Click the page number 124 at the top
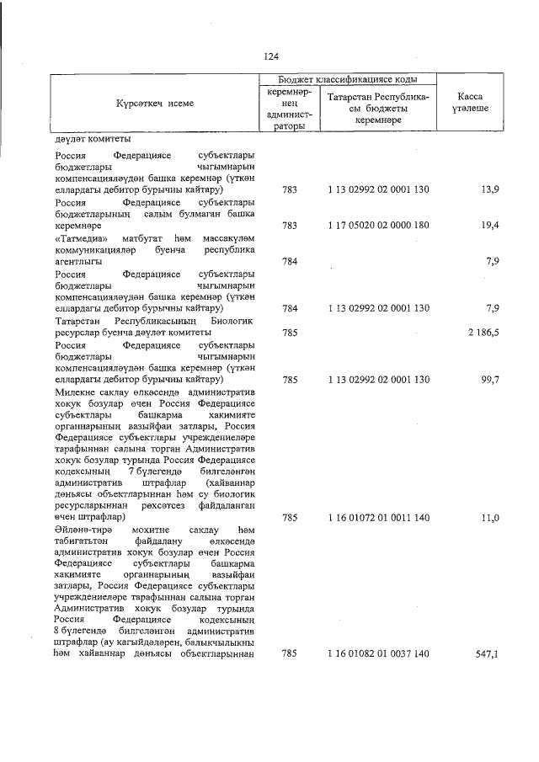[269, 56]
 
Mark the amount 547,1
[488, 653]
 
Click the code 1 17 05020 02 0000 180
[378, 226]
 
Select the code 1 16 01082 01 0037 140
[378, 653]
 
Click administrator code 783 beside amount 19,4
[290, 226]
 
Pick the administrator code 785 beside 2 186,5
[290, 333]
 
